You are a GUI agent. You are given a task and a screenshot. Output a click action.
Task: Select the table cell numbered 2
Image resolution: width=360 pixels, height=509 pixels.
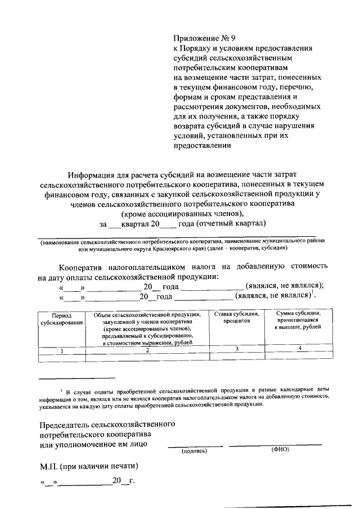click(147, 350)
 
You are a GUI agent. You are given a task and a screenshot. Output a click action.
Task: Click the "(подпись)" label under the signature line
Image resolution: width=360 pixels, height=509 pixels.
click(194, 451)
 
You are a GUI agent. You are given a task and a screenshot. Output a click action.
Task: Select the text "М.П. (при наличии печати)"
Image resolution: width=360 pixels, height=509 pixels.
click(88, 466)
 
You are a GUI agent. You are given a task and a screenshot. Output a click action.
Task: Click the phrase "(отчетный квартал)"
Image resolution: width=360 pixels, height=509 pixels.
click(230, 224)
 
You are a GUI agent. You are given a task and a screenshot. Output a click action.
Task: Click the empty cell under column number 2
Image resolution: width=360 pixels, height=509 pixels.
click(147, 357)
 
